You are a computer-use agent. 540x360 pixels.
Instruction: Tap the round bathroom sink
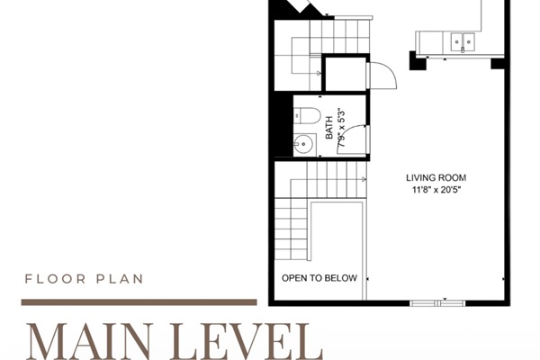click(304, 142)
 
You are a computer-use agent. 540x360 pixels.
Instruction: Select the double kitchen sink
click(464, 40)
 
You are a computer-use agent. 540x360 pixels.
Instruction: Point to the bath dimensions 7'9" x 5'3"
click(340, 131)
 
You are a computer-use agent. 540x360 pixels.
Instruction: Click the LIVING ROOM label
click(436, 177)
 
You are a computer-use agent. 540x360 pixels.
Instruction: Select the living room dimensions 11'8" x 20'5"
click(436, 190)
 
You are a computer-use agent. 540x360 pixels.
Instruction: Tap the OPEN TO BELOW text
click(319, 278)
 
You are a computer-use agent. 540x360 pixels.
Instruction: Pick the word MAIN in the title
click(88, 339)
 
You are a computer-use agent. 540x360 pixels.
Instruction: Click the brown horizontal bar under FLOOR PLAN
click(139, 302)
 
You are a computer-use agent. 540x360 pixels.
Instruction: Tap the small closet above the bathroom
click(346, 74)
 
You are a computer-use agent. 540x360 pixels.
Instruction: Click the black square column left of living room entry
click(418, 61)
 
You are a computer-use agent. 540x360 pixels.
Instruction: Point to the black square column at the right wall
click(497, 63)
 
